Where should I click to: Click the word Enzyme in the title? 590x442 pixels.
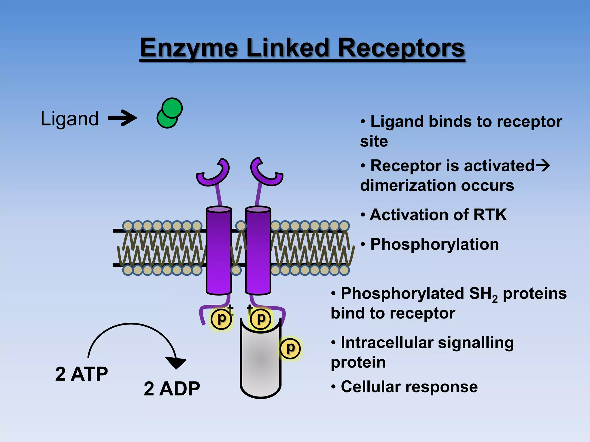[x=189, y=48]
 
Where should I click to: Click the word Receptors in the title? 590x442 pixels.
[x=401, y=48]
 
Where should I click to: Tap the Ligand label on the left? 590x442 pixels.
[x=69, y=119]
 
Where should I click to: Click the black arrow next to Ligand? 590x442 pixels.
[x=123, y=118]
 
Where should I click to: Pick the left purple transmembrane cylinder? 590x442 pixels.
[x=219, y=250]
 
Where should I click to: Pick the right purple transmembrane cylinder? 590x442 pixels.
[x=258, y=250]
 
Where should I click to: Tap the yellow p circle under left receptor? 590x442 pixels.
[x=221, y=319]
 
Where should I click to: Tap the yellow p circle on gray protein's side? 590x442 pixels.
[x=290, y=348]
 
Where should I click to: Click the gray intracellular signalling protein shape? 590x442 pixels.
[x=260, y=365]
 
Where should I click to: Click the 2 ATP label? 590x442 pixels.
[x=82, y=374]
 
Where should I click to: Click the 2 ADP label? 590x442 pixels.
[x=172, y=389]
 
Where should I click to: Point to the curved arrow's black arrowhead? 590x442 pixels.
[x=176, y=363]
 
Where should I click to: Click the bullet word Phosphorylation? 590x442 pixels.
[x=434, y=244]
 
